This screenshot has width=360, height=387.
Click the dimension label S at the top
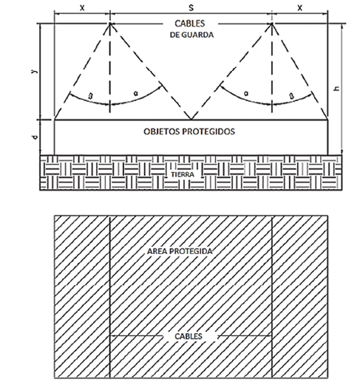pos(191,7)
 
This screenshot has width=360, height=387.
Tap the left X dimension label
pos(82,8)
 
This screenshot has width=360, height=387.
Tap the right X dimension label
pos(299,8)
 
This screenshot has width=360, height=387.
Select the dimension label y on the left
pos(35,71)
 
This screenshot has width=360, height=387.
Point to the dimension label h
pos(336,89)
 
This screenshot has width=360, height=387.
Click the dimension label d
pos(35,137)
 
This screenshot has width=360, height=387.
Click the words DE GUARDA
pos(191,35)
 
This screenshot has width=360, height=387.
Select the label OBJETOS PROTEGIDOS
pos(189,131)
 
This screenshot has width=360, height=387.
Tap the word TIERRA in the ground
pos(183,174)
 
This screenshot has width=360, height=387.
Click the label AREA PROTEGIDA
pos(180,251)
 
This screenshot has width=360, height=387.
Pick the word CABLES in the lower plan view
pos(189,336)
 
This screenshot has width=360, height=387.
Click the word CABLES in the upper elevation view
pos(190,24)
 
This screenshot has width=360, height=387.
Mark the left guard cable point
pos(110,24)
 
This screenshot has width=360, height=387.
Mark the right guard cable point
pos(272,24)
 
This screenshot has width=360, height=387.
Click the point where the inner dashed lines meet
pos(191,120)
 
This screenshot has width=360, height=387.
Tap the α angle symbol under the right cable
pos(246,93)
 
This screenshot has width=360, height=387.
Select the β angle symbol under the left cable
pos(90,96)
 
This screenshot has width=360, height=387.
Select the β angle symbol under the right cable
pos(292,96)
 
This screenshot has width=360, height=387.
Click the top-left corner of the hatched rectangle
pos(55,216)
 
